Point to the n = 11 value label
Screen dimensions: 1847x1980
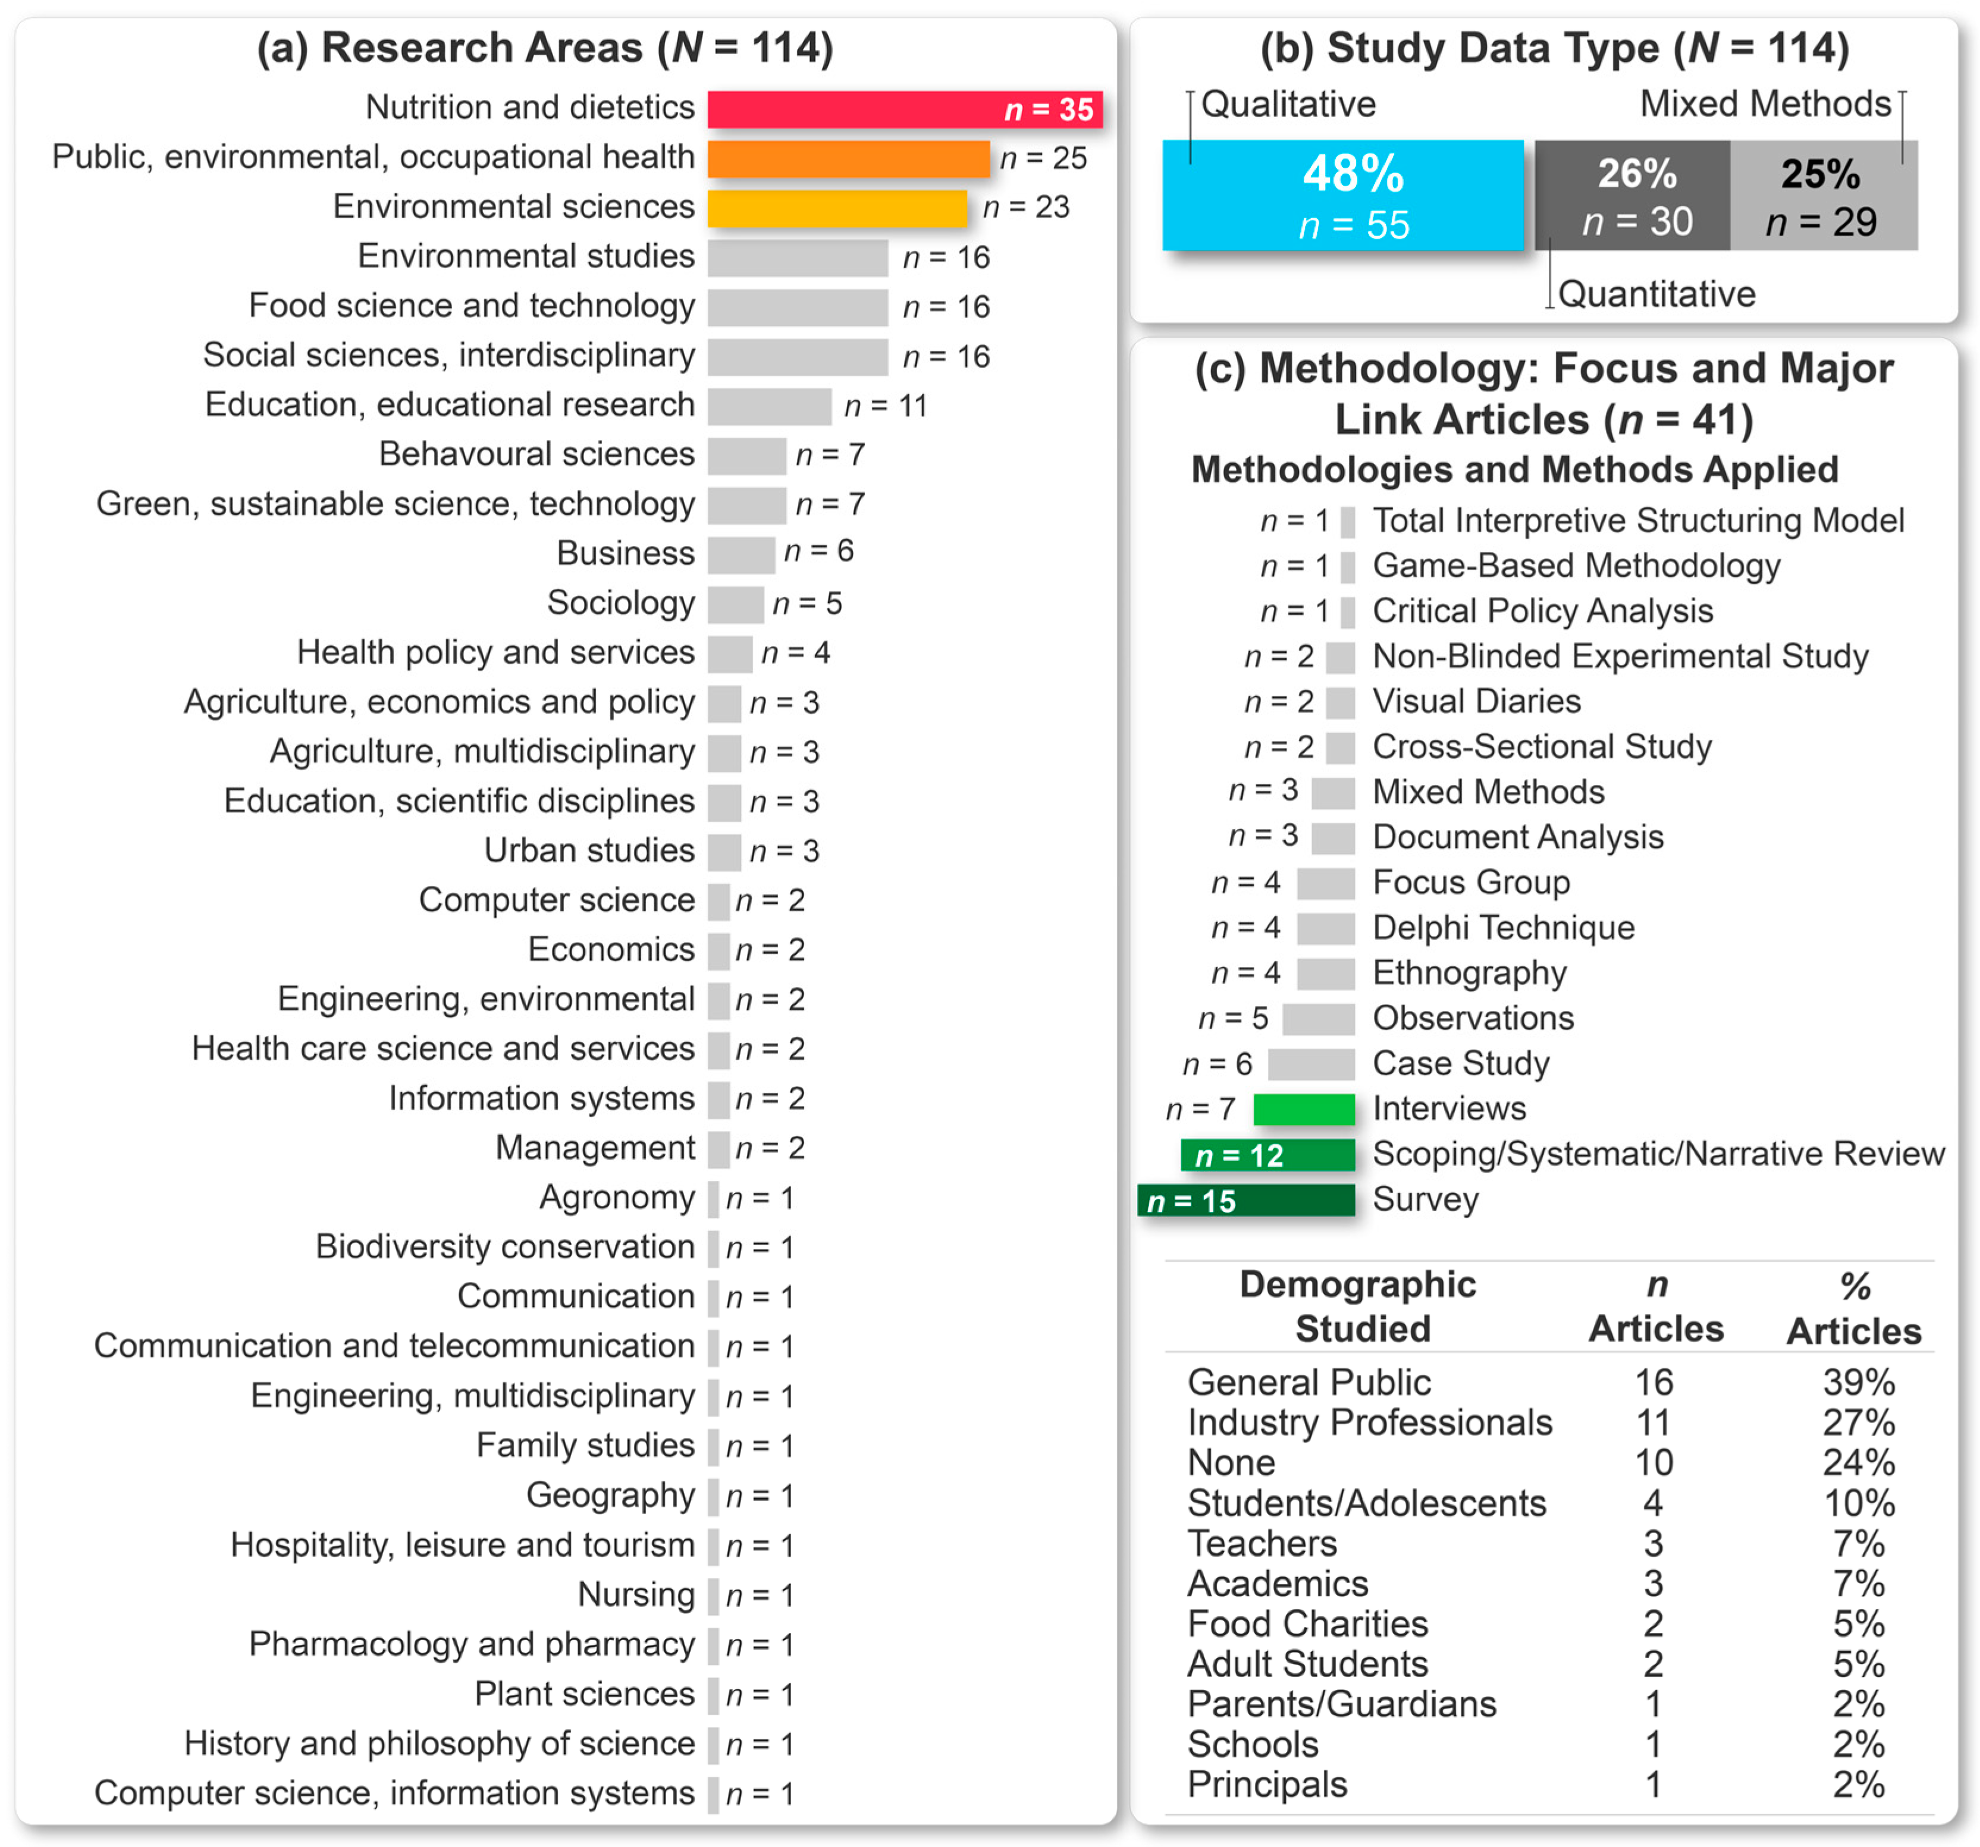coord(886,406)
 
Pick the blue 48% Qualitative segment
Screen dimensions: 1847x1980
coord(1342,195)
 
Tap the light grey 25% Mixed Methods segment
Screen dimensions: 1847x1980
coord(1822,195)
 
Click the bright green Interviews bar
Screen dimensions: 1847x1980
coord(1304,1109)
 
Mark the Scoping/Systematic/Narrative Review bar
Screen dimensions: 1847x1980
coord(1267,1155)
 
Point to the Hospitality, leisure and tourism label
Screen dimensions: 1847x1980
coord(462,1546)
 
